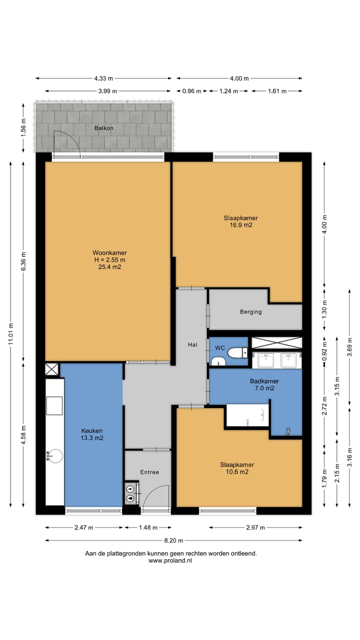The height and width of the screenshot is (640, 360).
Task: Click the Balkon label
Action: (103, 128)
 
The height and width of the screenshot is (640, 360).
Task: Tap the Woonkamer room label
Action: (109, 252)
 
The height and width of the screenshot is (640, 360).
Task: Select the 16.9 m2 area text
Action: (241, 225)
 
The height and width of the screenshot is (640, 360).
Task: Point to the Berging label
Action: (250, 311)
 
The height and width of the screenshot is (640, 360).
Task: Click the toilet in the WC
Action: (237, 352)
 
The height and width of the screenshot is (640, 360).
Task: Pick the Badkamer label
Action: (264, 381)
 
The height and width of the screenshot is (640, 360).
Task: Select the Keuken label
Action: (91, 430)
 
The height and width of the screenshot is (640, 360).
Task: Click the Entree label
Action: (149, 472)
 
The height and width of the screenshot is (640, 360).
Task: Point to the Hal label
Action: (192, 344)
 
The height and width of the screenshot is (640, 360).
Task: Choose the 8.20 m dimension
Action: (173, 540)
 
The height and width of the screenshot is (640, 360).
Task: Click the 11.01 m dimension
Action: (11, 334)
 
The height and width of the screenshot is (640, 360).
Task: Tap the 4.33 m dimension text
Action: (103, 78)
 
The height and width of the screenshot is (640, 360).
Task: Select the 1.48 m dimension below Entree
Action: (148, 527)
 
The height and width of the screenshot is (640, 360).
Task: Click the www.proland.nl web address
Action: (170, 560)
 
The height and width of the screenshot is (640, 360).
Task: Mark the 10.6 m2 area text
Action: (237, 471)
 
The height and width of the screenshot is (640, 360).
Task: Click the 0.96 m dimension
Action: (191, 91)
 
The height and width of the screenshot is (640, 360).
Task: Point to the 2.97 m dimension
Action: (255, 527)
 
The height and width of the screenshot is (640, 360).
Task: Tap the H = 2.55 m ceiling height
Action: (109, 259)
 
